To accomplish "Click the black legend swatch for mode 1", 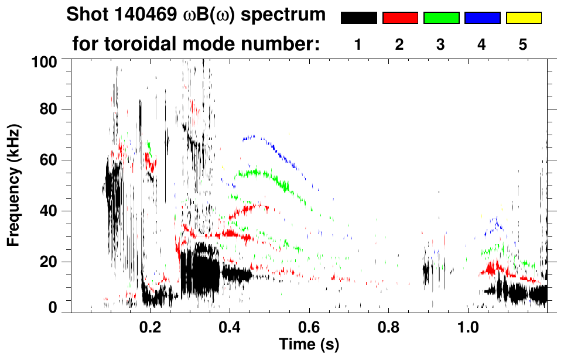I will point(358,18).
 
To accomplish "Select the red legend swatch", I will point(400,18).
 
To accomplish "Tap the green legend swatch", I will point(441,18).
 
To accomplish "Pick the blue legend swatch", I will point(482,18).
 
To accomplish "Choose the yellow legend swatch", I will point(524,18).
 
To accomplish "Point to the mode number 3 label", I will point(441,44).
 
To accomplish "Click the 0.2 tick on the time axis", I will point(151,325).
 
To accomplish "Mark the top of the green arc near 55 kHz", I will point(258,172).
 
